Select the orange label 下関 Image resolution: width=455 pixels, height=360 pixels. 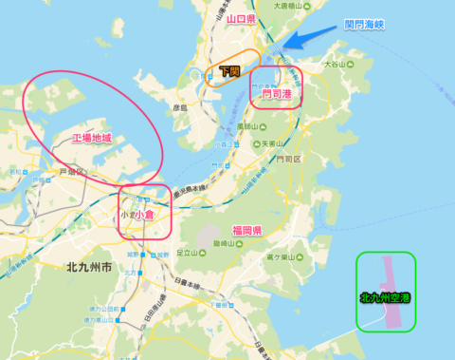point(228,71)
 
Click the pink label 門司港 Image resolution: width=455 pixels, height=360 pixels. point(277,95)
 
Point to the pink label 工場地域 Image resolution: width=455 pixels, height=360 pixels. point(92,139)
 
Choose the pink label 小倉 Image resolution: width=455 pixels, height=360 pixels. point(145,216)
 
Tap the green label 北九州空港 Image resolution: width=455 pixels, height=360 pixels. point(386,297)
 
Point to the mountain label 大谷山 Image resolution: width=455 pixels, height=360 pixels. point(336,65)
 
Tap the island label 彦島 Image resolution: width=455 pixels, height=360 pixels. point(180,108)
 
